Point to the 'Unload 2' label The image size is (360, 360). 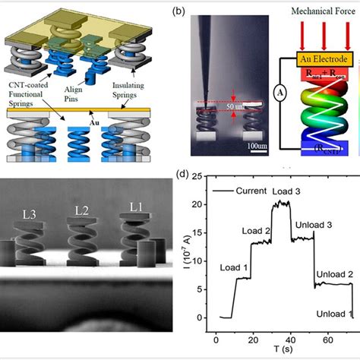(332, 271)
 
